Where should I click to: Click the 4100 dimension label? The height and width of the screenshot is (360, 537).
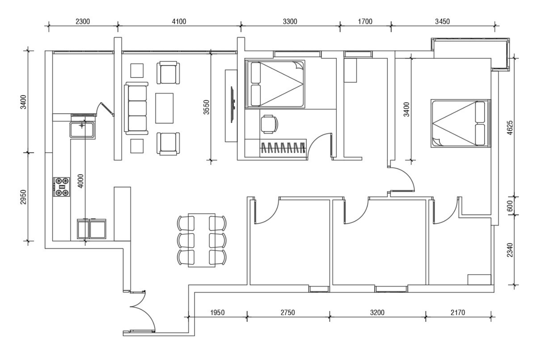pos(179,21)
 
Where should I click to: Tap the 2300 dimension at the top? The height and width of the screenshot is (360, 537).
pos(83,21)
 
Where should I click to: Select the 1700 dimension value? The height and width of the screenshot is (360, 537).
pos(365,21)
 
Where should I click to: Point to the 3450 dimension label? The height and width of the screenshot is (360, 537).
pos(443,21)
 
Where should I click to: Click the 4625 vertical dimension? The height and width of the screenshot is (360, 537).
pos(510,128)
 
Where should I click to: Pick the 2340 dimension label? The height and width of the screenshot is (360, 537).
pos(510,250)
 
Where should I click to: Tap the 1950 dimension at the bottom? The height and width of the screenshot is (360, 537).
pos(217,312)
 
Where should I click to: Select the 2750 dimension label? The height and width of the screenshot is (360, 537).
pos(288,312)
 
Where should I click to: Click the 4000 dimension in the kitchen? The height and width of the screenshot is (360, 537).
pos(81,181)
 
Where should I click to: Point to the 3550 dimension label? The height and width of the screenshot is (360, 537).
pos(206,107)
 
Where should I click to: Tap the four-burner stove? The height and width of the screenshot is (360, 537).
pos(61,187)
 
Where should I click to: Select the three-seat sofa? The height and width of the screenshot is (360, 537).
pos(136,108)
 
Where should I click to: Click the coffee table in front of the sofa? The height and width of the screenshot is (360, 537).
pos(164,108)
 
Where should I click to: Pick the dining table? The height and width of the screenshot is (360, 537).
pos(201,240)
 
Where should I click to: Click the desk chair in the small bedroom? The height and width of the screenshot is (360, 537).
pos(269,124)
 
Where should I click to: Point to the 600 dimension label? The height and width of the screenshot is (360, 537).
pos(510,206)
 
